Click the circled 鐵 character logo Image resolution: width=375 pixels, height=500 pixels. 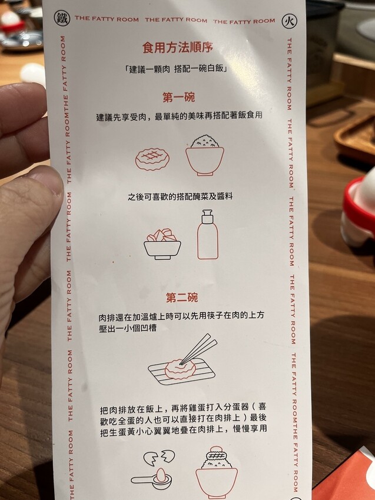pos(62,18)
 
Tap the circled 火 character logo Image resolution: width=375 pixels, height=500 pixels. pos(290,21)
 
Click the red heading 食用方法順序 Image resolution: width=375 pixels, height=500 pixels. pos(177,48)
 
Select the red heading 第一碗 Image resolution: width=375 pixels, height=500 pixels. pos(178,97)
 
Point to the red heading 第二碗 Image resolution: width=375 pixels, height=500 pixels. pos(181,298)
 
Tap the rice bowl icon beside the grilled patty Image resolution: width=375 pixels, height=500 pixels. pos(205,155)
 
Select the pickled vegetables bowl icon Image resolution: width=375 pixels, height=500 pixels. pos(162,244)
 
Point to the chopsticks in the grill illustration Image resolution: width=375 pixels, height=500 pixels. pos(198,349)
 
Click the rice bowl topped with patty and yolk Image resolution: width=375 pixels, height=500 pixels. pos(217,472)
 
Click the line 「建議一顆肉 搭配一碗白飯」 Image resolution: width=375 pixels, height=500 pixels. pos(176,69)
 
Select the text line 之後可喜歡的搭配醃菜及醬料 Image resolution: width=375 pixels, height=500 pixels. pos(180,196)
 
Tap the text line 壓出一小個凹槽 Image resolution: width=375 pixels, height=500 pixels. pos(128,328)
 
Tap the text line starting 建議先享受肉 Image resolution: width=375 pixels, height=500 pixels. pos(180,116)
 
